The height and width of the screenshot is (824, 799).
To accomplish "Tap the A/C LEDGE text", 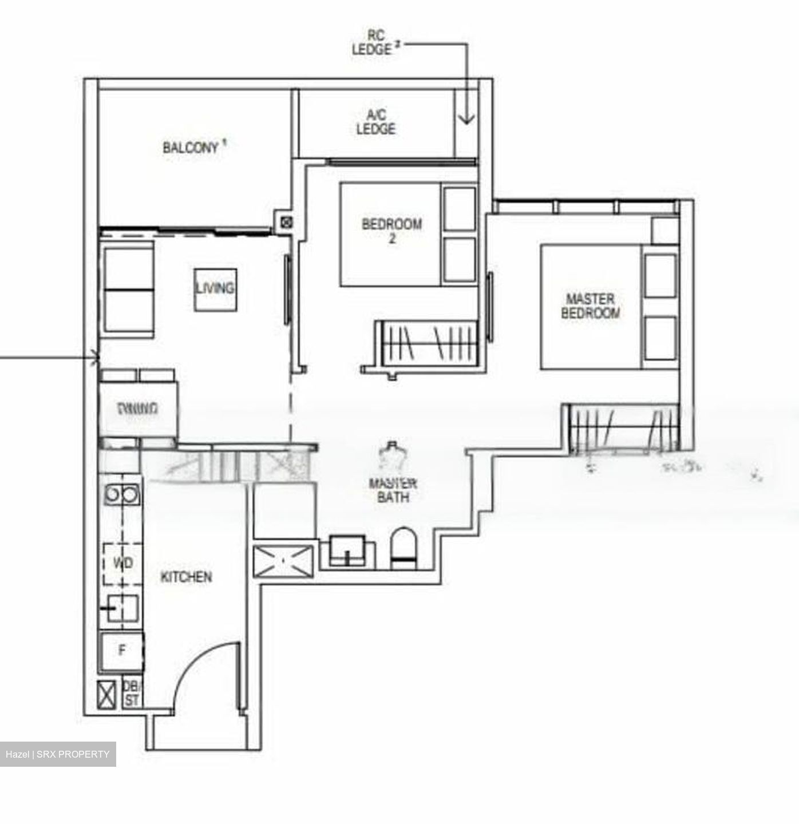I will (x=375, y=122).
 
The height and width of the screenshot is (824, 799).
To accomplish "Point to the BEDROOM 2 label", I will (x=391, y=230).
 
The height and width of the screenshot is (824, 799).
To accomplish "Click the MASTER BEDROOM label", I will (x=590, y=306).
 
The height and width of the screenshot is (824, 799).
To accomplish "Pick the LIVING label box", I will (x=215, y=290).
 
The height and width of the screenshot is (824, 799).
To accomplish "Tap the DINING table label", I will (x=137, y=409).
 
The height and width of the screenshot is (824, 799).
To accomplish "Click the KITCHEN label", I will (x=186, y=577).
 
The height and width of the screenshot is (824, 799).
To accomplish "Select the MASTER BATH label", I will (x=393, y=490).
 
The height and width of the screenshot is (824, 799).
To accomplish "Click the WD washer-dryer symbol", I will (x=122, y=564).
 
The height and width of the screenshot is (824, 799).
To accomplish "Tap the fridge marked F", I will (x=121, y=650).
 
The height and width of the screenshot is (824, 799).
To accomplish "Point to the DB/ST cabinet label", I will (x=132, y=693).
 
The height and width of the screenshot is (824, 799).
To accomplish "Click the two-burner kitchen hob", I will (x=121, y=494).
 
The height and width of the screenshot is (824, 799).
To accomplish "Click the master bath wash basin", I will (x=347, y=549).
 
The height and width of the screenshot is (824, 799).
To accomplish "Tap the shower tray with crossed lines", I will (x=283, y=561).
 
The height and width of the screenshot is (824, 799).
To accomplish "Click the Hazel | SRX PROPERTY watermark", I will (x=58, y=754).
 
